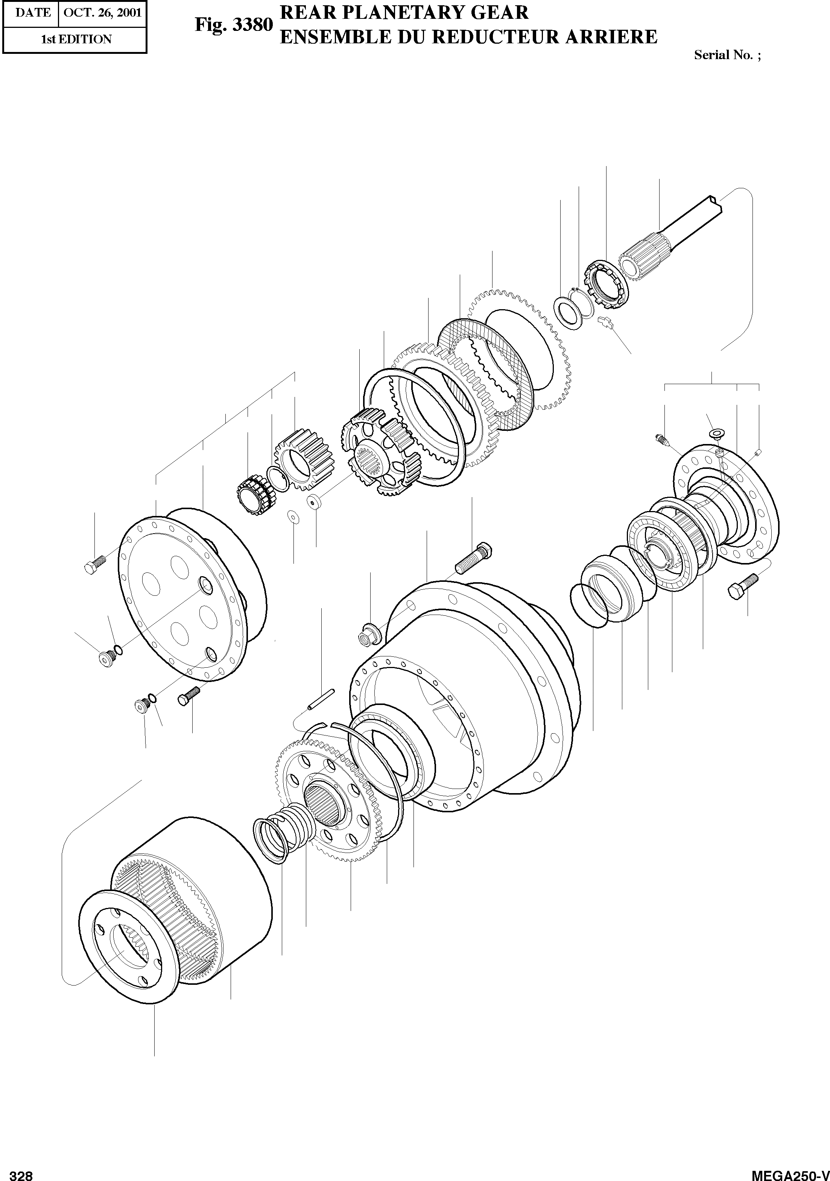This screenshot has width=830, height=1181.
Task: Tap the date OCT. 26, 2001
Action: coord(103,12)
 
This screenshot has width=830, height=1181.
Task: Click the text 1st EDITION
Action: coord(76,40)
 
